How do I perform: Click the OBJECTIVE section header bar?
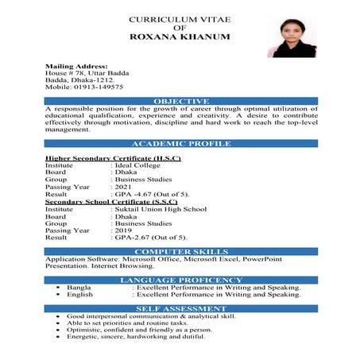(x=181, y=101)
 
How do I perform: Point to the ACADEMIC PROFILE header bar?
(x=181, y=144)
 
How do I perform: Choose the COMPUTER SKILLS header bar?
(x=181, y=251)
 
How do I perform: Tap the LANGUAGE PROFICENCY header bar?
(x=181, y=280)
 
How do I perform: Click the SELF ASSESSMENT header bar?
(x=181, y=308)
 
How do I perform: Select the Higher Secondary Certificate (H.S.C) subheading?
(x=113, y=158)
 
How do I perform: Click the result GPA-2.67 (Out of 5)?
(x=150, y=238)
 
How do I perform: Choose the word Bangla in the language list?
(x=79, y=287)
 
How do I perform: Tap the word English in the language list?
(x=80, y=294)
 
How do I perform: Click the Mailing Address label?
(x=76, y=66)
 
